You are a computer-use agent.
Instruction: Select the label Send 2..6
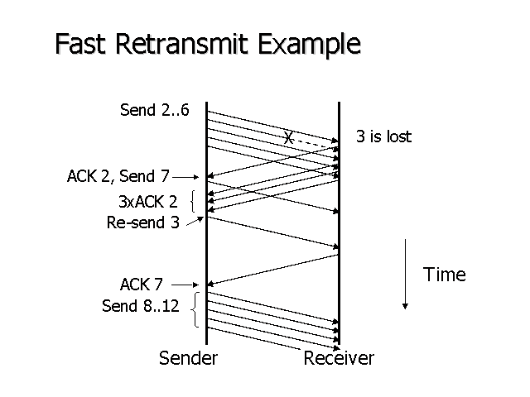(155, 110)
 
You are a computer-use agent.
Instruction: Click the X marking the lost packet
(287, 138)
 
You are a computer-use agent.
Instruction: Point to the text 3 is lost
(383, 136)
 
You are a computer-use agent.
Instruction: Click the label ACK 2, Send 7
(118, 176)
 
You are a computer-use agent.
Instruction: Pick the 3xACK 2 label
(147, 201)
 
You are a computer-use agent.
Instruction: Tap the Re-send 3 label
(142, 222)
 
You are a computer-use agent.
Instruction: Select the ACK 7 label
(141, 285)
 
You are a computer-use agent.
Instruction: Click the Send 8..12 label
(140, 306)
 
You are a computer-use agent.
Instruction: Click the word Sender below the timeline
(188, 358)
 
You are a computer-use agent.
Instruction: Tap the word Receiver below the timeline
(339, 358)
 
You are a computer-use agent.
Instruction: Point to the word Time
(445, 275)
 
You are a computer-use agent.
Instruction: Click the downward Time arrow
(405, 273)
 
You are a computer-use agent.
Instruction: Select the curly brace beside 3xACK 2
(192, 202)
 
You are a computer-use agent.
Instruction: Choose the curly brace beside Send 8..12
(193, 309)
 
